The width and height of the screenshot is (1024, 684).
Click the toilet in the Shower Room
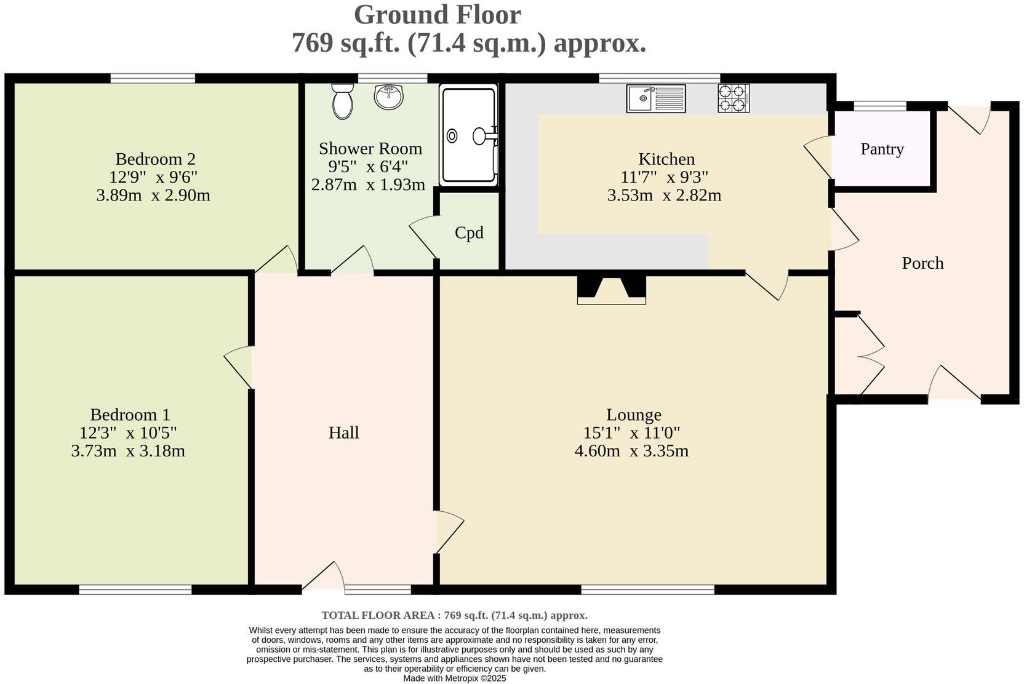(x=342, y=102)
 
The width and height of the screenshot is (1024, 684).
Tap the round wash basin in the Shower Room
(x=388, y=97)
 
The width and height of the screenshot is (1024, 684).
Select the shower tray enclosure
(x=468, y=135)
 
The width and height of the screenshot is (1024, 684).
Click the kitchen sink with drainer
(x=656, y=98)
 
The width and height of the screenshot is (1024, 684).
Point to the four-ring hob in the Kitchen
(x=734, y=98)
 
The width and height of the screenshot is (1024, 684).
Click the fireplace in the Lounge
(x=611, y=290)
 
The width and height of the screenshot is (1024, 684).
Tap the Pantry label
(x=882, y=149)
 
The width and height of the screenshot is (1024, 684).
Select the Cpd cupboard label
(x=469, y=233)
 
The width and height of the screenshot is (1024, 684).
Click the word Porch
(x=922, y=263)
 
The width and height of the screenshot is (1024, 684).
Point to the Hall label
(x=343, y=432)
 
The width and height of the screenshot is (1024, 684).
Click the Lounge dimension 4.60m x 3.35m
(x=631, y=451)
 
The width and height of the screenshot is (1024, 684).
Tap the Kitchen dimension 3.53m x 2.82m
(x=664, y=196)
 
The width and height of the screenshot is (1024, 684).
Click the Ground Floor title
(x=437, y=15)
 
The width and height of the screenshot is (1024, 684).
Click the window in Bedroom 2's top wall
(x=153, y=78)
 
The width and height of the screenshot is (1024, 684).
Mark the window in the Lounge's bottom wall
(x=647, y=590)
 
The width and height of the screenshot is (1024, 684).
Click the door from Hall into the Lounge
(x=449, y=531)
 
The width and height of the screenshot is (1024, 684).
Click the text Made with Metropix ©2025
(x=454, y=678)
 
